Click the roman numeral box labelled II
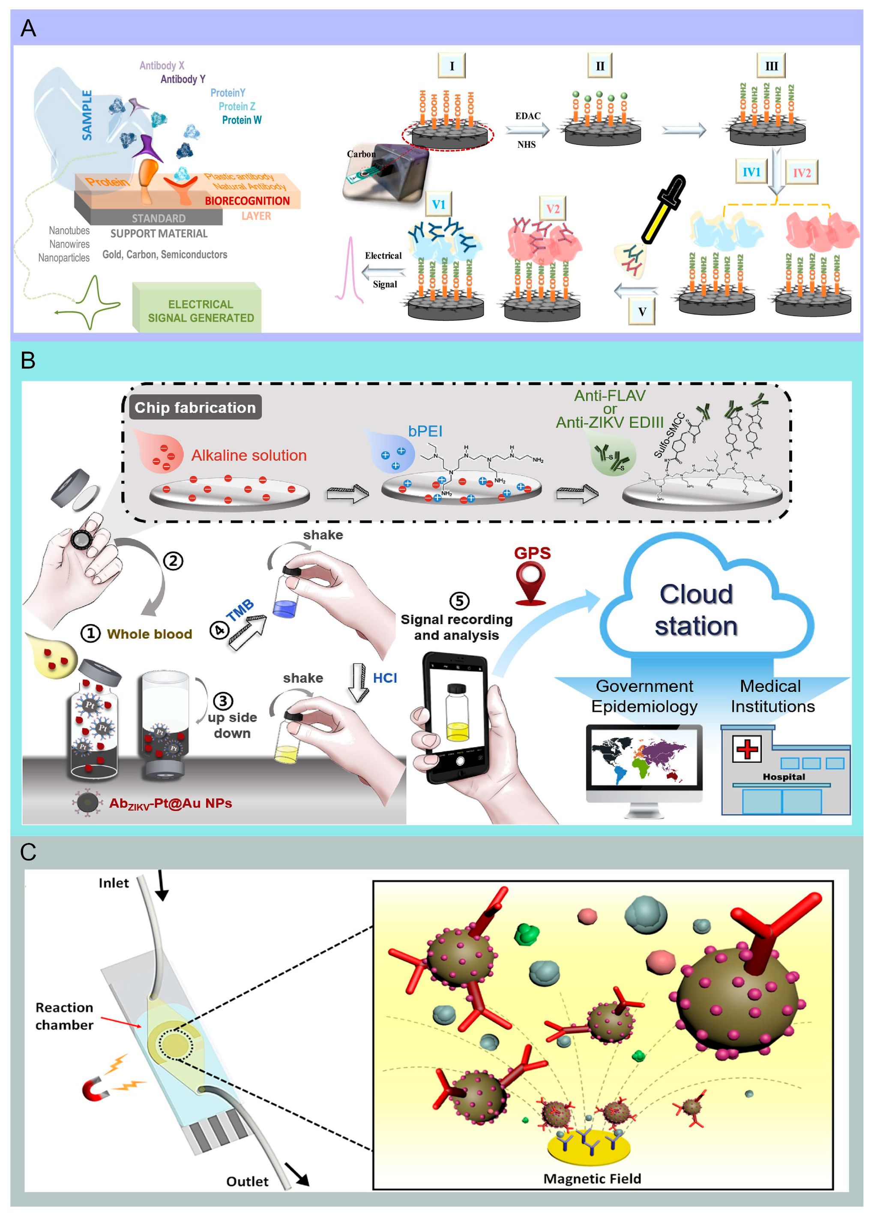600,66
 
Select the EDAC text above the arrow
528,116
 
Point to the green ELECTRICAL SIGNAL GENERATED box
198,310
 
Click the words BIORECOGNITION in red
247,201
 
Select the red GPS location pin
530,583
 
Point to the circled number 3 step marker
223,700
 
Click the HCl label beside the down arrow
385,678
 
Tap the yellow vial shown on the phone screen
457,713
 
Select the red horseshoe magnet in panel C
96,1090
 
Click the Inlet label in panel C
113,883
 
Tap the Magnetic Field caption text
592,1178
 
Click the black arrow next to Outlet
296,1174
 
